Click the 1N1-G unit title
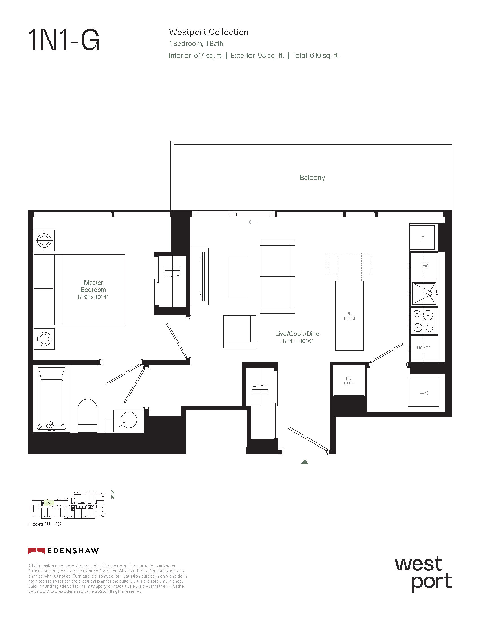[64, 40]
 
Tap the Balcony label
[312, 178]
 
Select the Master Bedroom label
[93, 286]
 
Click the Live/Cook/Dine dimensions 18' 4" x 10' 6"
[297, 341]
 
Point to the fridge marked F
[422, 238]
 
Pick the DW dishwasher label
[424, 266]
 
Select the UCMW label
[424, 348]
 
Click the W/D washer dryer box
[424, 393]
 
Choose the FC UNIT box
[349, 381]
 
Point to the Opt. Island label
[350, 316]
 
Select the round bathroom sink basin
[129, 419]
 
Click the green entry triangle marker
[305, 462]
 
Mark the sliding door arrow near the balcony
[252, 222]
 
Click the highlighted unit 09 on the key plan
[49, 503]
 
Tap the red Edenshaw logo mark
[36, 551]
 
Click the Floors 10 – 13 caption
[44, 524]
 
